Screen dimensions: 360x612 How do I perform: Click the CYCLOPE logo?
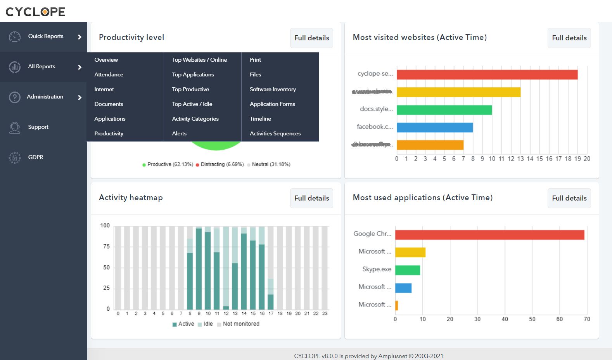point(35,12)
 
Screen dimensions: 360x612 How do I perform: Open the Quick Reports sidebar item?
point(45,36)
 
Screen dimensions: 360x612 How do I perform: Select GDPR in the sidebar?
point(35,157)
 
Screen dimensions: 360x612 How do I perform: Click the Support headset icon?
point(15,127)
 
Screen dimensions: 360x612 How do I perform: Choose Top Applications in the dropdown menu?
point(193,74)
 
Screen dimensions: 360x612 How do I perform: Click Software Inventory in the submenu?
point(273,89)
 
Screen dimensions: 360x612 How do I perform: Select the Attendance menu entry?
point(109,74)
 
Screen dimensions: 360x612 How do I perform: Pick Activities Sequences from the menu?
point(275,133)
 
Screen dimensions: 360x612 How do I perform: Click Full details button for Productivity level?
point(311,38)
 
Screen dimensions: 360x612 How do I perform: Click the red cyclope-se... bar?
point(487,74)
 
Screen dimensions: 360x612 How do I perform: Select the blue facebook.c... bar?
point(434,127)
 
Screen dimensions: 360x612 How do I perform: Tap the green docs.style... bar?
point(444,110)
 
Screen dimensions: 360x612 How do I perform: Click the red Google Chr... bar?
point(489,235)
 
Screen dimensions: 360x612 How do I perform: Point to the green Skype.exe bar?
point(407,270)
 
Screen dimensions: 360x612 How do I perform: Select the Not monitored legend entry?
point(240,324)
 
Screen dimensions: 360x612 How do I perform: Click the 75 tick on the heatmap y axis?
point(106,246)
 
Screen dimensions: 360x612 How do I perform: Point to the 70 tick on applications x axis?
point(587,319)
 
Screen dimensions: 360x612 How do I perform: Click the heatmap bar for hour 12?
point(226,268)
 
